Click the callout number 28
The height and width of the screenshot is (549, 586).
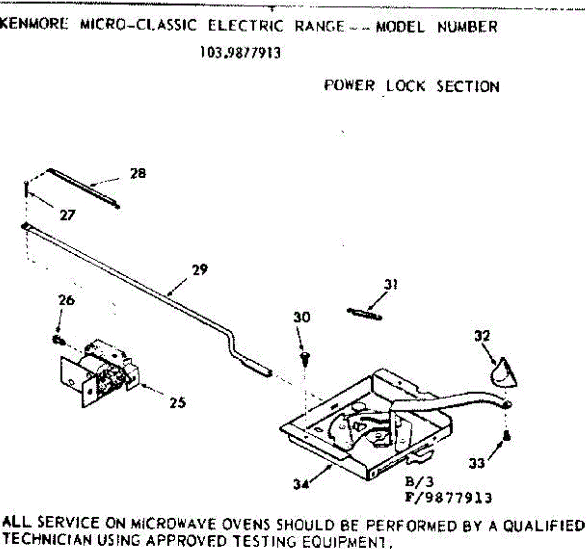(x=138, y=173)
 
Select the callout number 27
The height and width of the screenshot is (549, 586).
(x=67, y=215)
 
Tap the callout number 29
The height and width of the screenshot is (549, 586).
(x=200, y=270)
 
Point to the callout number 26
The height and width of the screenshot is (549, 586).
(x=66, y=300)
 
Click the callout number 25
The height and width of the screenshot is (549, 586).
(x=178, y=403)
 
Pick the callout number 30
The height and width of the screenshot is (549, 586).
(x=302, y=318)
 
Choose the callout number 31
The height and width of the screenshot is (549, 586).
(x=390, y=285)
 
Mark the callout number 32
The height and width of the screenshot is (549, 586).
(x=482, y=336)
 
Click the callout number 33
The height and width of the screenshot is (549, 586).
(x=477, y=462)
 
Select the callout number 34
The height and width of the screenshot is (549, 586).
(x=301, y=485)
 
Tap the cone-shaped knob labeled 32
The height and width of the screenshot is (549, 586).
(x=502, y=373)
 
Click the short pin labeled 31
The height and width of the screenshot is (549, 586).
(x=364, y=314)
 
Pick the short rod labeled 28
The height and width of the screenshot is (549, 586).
(x=83, y=188)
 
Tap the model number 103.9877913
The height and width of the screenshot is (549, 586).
(x=240, y=53)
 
